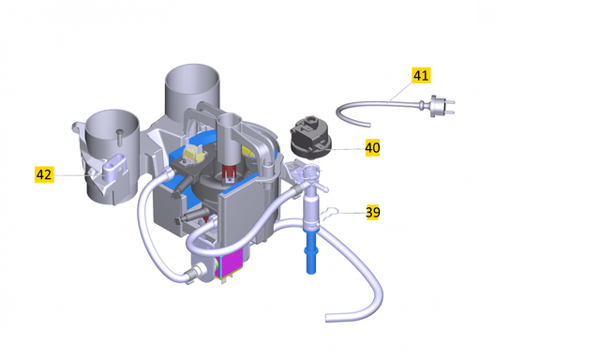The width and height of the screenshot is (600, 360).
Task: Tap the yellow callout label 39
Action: (x=372, y=213)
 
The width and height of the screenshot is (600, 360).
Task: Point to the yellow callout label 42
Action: (x=44, y=174)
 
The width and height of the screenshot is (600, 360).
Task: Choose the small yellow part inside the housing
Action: (x=193, y=150)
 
